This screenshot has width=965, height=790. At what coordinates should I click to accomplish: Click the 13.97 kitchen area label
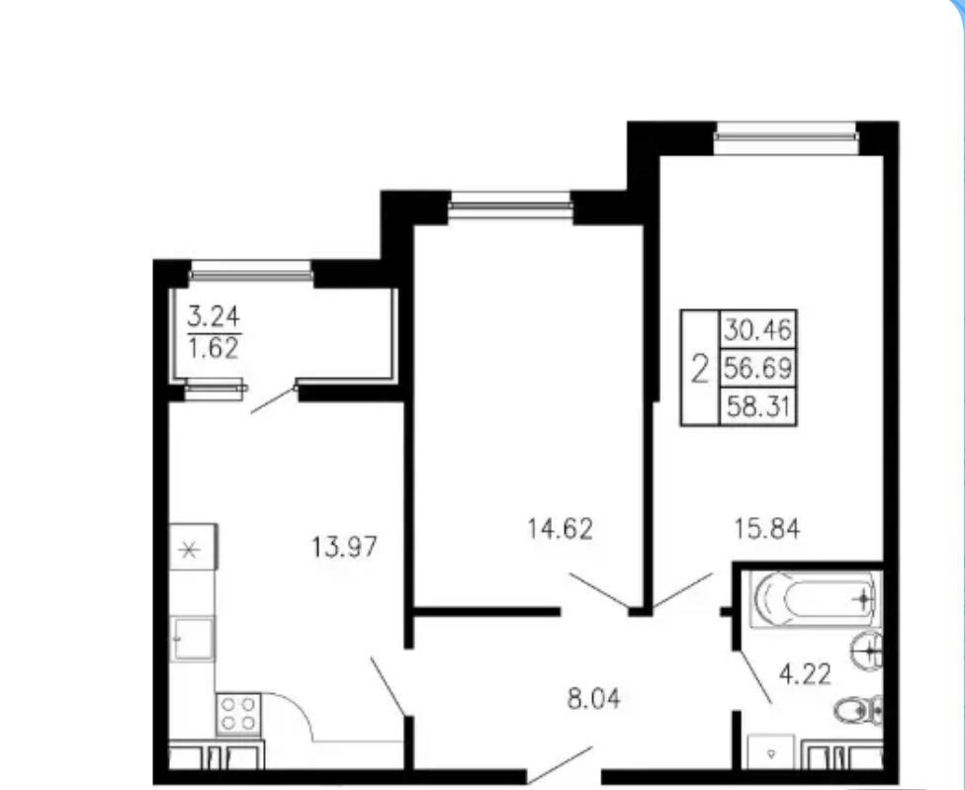(x=344, y=547)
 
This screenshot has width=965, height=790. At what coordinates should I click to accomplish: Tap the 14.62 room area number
(x=560, y=529)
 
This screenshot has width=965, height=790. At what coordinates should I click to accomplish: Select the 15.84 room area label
(x=767, y=529)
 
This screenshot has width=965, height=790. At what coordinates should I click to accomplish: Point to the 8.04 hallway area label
(x=593, y=699)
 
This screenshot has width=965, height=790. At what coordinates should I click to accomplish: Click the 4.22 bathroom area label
(x=805, y=674)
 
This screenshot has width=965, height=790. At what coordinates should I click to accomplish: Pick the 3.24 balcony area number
(x=213, y=317)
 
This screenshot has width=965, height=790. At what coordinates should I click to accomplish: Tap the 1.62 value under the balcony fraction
(x=213, y=348)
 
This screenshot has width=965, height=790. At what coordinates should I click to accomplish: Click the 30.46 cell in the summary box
(x=757, y=330)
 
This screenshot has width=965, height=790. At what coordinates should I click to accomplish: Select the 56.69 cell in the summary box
(x=757, y=368)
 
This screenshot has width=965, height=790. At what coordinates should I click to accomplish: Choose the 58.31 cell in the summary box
(x=757, y=406)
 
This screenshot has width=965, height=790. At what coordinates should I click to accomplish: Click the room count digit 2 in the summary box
(x=700, y=369)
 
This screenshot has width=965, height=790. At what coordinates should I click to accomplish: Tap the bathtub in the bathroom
(x=815, y=598)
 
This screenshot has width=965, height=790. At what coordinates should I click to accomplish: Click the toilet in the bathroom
(x=859, y=711)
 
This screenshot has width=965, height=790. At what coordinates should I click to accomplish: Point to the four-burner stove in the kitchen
(x=238, y=714)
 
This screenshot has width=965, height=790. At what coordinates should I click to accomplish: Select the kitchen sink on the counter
(x=193, y=639)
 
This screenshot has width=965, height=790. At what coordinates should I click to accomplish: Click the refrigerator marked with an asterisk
(x=193, y=548)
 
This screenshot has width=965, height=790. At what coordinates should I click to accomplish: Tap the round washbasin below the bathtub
(x=866, y=651)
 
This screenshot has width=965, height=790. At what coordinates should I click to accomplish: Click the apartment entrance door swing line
(x=560, y=765)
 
